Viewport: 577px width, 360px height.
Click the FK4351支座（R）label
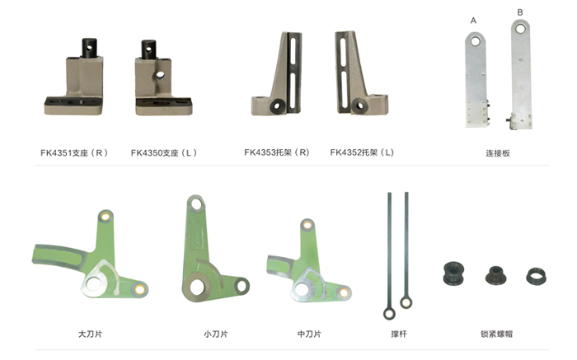(74, 152)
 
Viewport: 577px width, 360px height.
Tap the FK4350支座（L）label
(164, 152)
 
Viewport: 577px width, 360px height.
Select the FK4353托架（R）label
(277, 152)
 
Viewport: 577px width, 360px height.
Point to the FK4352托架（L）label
(362, 152)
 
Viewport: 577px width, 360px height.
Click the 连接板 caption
(498, 153)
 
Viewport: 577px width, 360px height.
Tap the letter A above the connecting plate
(473, 21)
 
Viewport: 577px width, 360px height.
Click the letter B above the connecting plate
(519, 12)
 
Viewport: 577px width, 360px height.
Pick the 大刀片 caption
(90, 334)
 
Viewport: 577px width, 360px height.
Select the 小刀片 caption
(216, 334)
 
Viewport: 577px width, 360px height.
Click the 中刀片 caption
(309, 334)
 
